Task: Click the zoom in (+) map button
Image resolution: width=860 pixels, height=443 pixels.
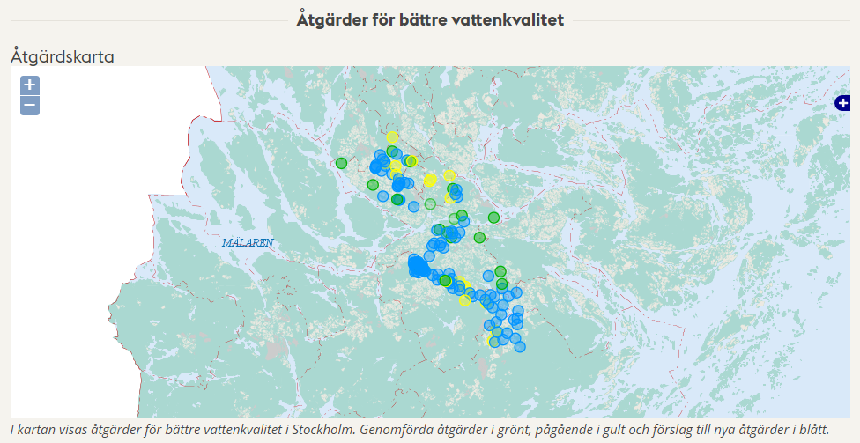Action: coord(30,85)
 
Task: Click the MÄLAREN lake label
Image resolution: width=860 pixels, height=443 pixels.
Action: coord(248,242)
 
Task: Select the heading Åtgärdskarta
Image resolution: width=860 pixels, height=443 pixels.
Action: coord(63,56)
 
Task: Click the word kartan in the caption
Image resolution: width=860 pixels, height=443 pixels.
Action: coord(40,430)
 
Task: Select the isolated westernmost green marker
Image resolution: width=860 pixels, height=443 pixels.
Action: coord(341,163)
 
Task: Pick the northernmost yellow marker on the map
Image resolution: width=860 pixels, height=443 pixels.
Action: coord(392,137)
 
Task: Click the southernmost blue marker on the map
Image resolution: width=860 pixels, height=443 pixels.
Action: coord(519,346)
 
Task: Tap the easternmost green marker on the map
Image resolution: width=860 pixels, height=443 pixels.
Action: coord(500,271)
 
